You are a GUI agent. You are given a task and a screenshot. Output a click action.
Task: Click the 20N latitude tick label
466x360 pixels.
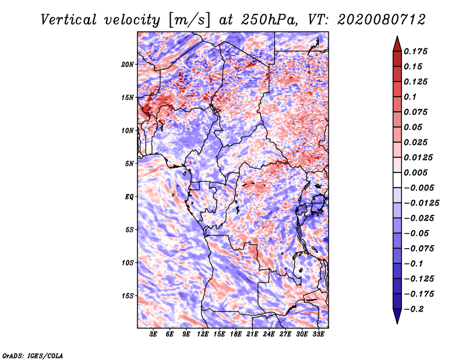click(127, 65)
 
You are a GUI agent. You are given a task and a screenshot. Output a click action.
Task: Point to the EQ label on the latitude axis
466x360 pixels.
click(129, 197)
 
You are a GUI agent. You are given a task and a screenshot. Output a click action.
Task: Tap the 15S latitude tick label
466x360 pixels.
click(128, 296)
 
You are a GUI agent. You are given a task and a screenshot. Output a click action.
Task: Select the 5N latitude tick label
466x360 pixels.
click(129, 164)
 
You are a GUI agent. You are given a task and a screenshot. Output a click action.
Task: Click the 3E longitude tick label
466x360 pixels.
click(153, 334)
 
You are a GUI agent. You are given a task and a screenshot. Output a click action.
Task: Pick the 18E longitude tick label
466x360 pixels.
click(236, 334)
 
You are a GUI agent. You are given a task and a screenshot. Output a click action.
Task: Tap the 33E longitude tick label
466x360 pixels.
click(318, 334)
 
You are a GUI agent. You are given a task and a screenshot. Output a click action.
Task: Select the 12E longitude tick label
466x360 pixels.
click(203, 334)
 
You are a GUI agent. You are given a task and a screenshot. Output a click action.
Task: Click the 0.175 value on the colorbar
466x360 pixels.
click(415, 51)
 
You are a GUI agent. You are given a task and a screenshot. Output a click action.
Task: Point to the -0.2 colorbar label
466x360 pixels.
click(414, 309)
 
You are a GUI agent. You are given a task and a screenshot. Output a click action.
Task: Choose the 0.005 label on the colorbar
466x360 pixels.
click(415, 172)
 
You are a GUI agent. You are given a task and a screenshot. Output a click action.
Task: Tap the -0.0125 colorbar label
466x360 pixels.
click(421, 203)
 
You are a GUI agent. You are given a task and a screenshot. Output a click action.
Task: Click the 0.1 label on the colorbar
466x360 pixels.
click(410, 97)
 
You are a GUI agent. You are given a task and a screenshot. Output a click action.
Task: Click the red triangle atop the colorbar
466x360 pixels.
click(397, 44)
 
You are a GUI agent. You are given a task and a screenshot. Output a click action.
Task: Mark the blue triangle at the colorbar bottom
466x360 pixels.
click(397, 316)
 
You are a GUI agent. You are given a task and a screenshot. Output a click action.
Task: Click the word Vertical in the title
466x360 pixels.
click(69, 20)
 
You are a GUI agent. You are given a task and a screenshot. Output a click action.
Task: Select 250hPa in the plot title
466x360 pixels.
click(269, 20)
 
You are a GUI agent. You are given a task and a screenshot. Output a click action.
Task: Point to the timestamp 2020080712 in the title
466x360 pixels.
click(382, 20)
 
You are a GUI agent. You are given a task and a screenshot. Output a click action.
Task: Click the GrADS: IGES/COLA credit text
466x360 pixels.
click(33, 355)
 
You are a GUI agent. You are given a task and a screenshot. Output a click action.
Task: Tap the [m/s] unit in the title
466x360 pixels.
click(189, 20)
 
